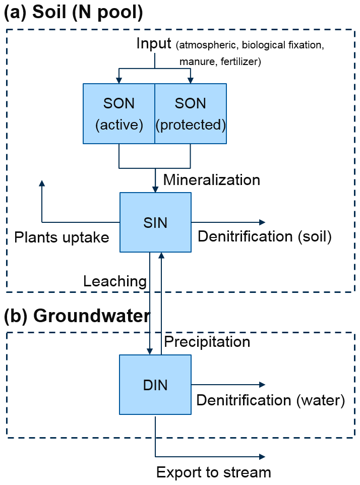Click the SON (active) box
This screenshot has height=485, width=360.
click(x=119, y=113)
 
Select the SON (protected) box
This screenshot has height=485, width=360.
click(x=191, y=113)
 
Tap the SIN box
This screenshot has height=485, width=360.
click(x=155, y=222)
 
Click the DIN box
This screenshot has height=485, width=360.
click(x=155, y=385)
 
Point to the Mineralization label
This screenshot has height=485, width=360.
click(x=212, y=180)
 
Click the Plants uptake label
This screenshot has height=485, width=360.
click(x=62, y=237)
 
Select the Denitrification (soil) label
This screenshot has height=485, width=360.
click(x=265, y=237)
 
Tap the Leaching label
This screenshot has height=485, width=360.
click(x=115, y=281)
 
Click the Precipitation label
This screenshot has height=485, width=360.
click(x=207, y=342)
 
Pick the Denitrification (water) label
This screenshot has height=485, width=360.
click(x=270, y=400)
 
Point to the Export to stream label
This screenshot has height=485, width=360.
click(x=214, y=472)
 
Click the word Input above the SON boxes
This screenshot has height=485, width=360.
click(x=154, y=44)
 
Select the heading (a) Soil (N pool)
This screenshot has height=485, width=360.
click(x=74, y=13)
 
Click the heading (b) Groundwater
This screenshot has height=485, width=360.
click(x=77, y=316)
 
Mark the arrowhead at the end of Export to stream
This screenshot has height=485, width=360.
click(x=262, y=457)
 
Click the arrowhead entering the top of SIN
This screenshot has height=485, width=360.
click(x=155, y=189)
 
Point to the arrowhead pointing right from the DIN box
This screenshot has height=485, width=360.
click(x=262, y=385)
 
